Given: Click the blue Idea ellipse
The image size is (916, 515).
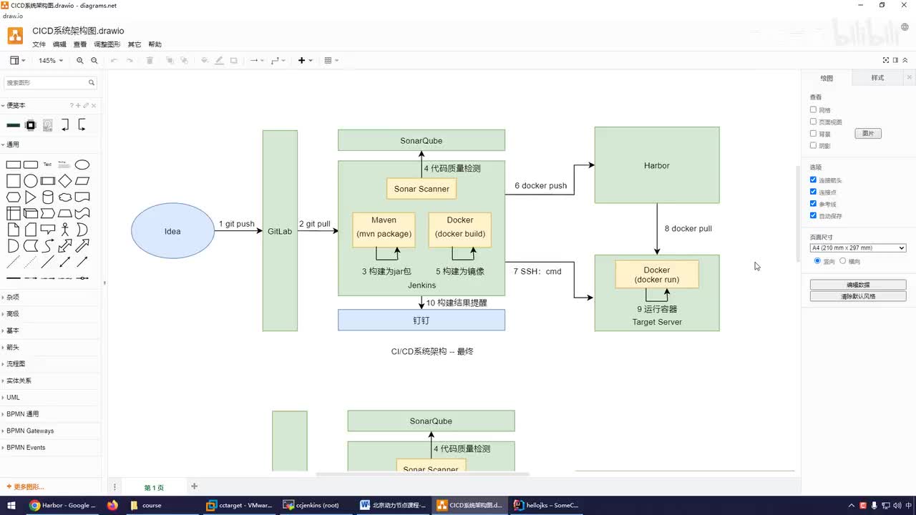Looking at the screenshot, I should click(x=172, y=231).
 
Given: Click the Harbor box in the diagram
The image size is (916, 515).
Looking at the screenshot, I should click(x=656, y=165).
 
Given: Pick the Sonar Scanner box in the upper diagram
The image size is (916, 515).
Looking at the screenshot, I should click(x=422, y=189).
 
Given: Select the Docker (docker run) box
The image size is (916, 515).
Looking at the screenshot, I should click(x=656, y=275).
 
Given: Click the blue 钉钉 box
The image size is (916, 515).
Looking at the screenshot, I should click(x=421, y=320).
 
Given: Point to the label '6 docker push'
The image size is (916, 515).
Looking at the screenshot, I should click(x=540, y=186).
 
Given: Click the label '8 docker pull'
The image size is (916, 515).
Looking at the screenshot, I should click(x=688, y=229).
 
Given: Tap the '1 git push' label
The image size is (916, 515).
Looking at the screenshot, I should click(x=236, y=224).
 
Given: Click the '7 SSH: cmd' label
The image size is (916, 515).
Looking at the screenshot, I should click(x=537, y=272).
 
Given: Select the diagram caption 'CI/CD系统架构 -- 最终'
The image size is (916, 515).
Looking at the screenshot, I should click(x=432, y=351).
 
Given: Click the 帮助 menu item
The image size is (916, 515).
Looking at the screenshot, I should click(x=155, y=44).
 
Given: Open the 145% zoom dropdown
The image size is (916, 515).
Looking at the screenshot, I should click(x=50, y=61).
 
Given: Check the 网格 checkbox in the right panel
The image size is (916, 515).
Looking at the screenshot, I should click(x=813, y=109).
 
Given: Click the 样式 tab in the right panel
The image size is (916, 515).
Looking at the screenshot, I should click(x=877, y=78).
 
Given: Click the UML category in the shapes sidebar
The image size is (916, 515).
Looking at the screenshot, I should click(x=13, y=397).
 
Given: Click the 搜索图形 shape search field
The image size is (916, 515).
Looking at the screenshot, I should click(x=46, y=83).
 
